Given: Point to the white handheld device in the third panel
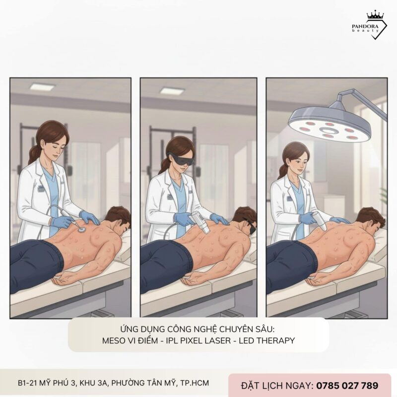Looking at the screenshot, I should [315, 218].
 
